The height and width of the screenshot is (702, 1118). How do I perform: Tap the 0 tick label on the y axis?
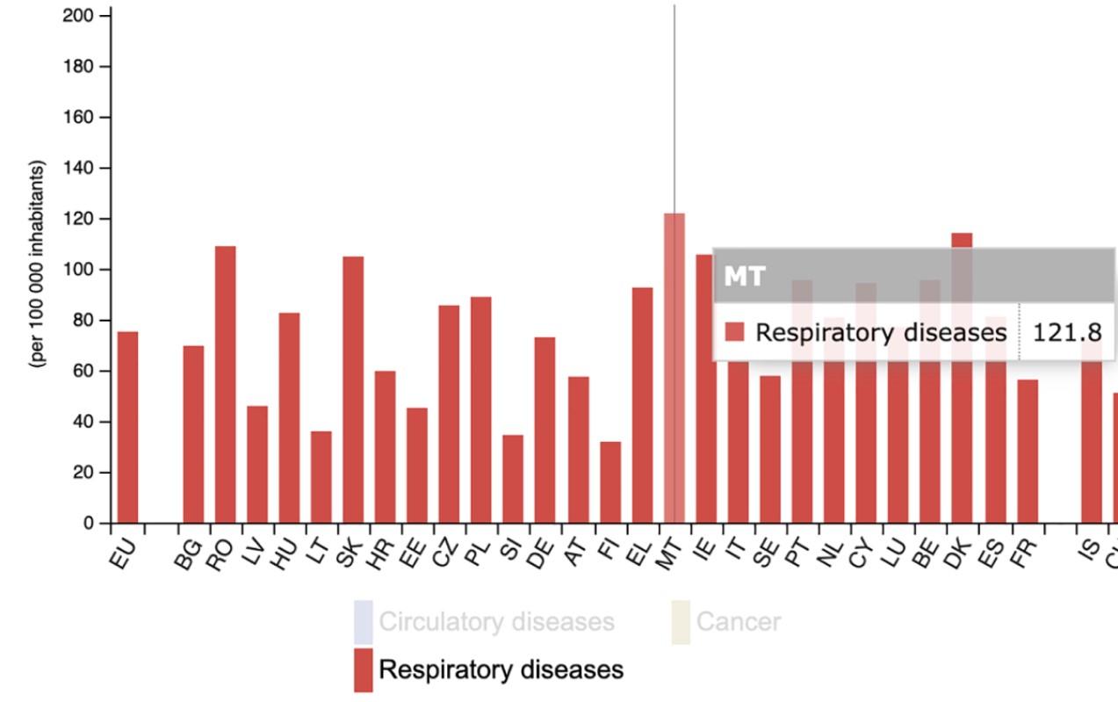[x=88, y=523]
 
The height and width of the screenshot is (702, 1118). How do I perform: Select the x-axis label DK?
[x=959, y=553]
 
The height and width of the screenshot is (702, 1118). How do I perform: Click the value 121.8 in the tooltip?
[x=1067, y=332]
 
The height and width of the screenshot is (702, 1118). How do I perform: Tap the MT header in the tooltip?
[x=744, y=277]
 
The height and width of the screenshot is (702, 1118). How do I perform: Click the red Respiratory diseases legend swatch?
[x=363, y=670]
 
